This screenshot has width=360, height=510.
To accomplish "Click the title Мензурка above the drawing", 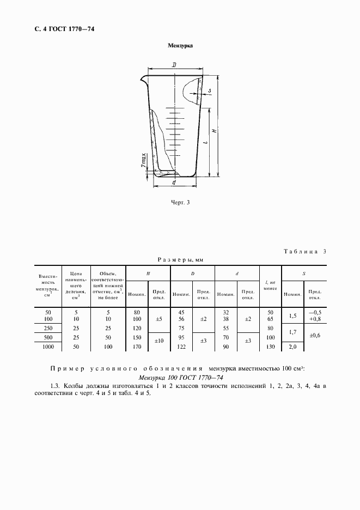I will pos(180,46).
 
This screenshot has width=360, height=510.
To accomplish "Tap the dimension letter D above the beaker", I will pos(174,65).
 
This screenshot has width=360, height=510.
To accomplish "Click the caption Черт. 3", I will pos(180,203).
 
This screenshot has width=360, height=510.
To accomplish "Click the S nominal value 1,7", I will pos(292,331).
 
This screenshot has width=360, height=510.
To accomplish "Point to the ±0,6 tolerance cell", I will pos(315,336).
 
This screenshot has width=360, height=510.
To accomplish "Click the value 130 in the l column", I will pos(271,347).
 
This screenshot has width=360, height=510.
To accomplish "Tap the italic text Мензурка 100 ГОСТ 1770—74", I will pos(180,378).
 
